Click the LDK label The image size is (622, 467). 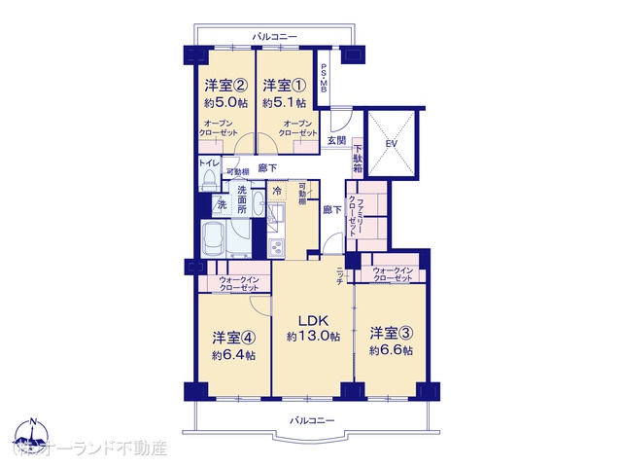point(314,320)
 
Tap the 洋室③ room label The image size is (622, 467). point(391,334)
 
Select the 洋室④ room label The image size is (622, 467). point(234,339)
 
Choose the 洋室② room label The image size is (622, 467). point(224,85)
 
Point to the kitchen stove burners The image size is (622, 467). point(278,248)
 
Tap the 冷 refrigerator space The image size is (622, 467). point(277,191)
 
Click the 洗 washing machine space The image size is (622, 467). point(221,205)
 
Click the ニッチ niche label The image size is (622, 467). point(340,275)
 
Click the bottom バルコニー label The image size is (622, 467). point(312,419)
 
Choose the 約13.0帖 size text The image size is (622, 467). point(314,337)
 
